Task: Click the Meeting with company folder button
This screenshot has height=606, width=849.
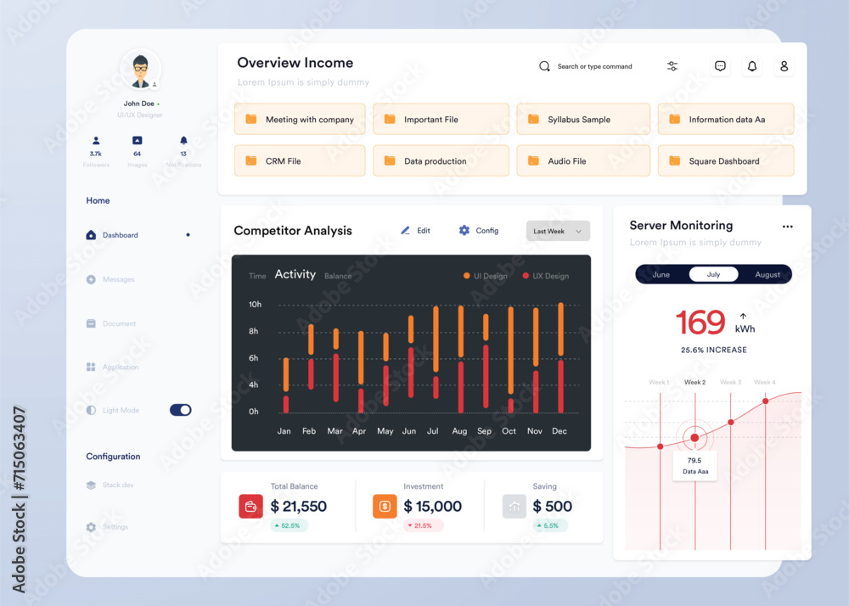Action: pyautogui.click(x=300, y=120)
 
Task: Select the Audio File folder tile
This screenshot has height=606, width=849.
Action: pyautogui.click(x=583, y=161)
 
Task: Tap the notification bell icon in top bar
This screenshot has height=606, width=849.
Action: pyautogui.click(x=751, y=66)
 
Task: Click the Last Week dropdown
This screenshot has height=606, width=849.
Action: pyautogui.click(x=558, y=231)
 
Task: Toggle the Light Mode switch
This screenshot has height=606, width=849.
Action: pyautogui.click(x=180, y=410)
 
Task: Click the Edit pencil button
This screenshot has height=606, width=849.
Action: pyautogui.click(x=415, y=231)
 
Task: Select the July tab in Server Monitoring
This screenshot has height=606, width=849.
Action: pyautogui.click(x=713, y=274)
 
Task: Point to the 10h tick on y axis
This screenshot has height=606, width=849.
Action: pyautogui.click(x=255, y=304)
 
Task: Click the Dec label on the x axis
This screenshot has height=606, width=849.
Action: pyautogui.click(x=559, y=431)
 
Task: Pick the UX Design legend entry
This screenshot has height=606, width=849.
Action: pyautogui.click(x=546, y=276)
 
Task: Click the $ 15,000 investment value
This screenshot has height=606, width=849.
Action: pyautogui.click(x=432, y=507)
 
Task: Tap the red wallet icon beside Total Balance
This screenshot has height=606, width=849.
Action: pyautogui.click(x=250, y=507)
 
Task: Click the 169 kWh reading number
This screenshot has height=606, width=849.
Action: pyautogui.click(x=700, y=323)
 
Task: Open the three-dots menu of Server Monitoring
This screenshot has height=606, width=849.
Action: pyautogui.click(x=787, y=227)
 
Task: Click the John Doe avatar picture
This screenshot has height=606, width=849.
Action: pyautogui.click(x=140, y=70)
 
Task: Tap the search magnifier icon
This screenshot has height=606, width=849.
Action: pyautogui.click(x=545, y=66)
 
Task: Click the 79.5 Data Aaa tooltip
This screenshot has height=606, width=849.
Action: pyautogui.click(x=694, y=465)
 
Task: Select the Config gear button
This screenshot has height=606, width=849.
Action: pyautogui.click(x=478, y=231)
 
